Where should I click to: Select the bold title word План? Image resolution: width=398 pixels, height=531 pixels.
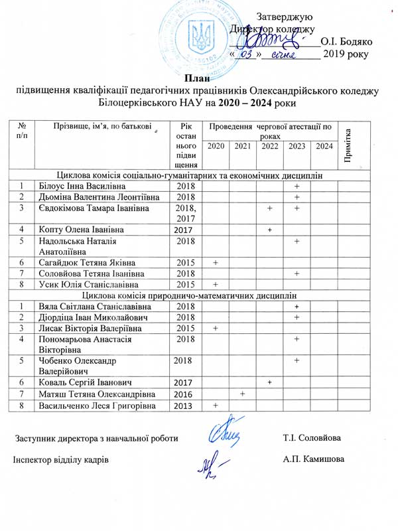coord(198,80)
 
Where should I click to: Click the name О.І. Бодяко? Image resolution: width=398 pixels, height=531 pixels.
coord(346,41)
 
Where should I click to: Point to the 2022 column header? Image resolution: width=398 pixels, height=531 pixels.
coord(269,146)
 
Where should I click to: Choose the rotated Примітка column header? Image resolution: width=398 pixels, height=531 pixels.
coord(349,143)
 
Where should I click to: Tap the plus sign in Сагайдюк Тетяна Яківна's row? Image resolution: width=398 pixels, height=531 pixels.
coord(216,263)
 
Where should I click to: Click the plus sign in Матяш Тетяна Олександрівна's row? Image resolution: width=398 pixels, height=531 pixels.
coord(243,394)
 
